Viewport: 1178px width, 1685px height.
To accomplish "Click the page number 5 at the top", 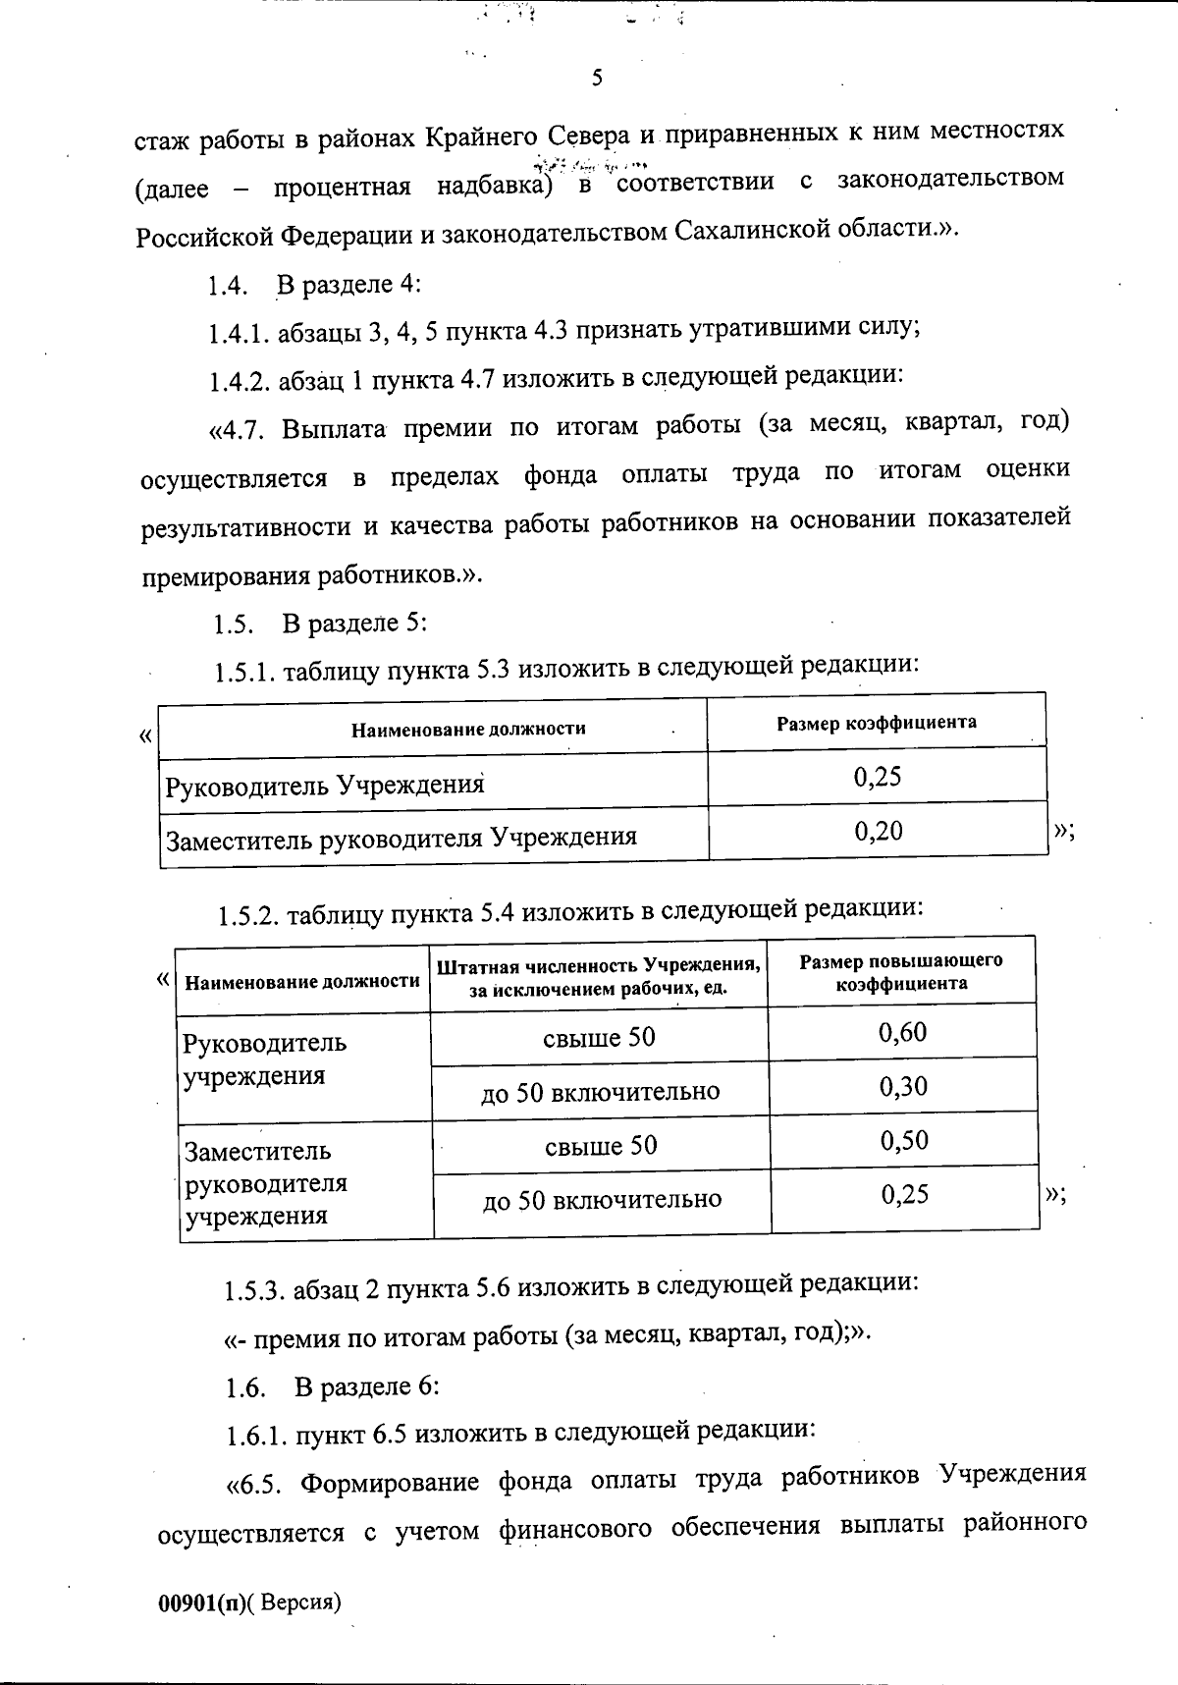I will pyautogui.click(x=597, y=79).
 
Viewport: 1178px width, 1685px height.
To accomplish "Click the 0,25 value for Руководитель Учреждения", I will pyautogui.click(x=878, y=777).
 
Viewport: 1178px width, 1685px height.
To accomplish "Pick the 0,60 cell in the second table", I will pyautogui.click(x=903, y=1032).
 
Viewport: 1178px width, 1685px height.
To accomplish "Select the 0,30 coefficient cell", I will pyautogui.click(x=903, y=1086).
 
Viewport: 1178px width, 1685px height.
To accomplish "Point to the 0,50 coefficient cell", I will pyautogui.click(x=904, y=1140).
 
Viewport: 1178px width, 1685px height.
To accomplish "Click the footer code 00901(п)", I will pyautogui.click(x=202, y=1603).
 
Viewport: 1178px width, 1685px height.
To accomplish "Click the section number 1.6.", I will pyautogui.click(x=245, y=1387).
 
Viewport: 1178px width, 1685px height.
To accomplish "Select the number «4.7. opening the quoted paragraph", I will pyautogui.click(x=239, y=431).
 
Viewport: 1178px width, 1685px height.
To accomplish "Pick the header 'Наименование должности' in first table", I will pyautogui.click(x=468, y=729).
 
